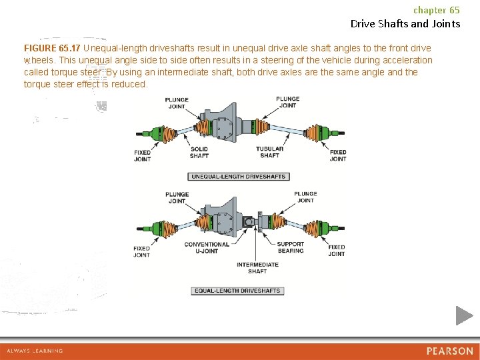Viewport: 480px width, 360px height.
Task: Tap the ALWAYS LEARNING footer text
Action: pos(35,351)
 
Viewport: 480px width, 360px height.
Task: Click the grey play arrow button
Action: pos(465,315)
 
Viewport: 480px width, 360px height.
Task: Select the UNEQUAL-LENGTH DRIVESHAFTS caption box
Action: pos(238,177)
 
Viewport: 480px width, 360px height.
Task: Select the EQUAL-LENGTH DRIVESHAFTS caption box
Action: pos(238,291)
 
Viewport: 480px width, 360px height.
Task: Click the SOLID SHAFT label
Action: pos(199,153)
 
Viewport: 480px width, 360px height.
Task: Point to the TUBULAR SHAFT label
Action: pos(269,153)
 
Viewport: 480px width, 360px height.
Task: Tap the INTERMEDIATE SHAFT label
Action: pos(257,268)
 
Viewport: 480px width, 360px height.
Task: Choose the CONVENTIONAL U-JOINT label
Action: pos(207,247)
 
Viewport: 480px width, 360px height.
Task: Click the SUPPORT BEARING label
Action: pos(291,247)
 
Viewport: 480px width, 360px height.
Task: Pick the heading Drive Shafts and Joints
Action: pos(405,24)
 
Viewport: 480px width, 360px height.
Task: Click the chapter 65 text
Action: pos(436,10)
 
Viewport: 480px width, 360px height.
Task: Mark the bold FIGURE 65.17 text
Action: pos(52,49)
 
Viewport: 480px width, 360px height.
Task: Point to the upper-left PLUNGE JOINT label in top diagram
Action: pos(177,103)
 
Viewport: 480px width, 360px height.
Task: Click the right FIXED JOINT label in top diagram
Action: pos(338,155)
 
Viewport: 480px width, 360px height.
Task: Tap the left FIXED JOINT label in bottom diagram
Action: pos(141,251)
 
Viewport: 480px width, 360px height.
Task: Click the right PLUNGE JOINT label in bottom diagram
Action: pos(305,197)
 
